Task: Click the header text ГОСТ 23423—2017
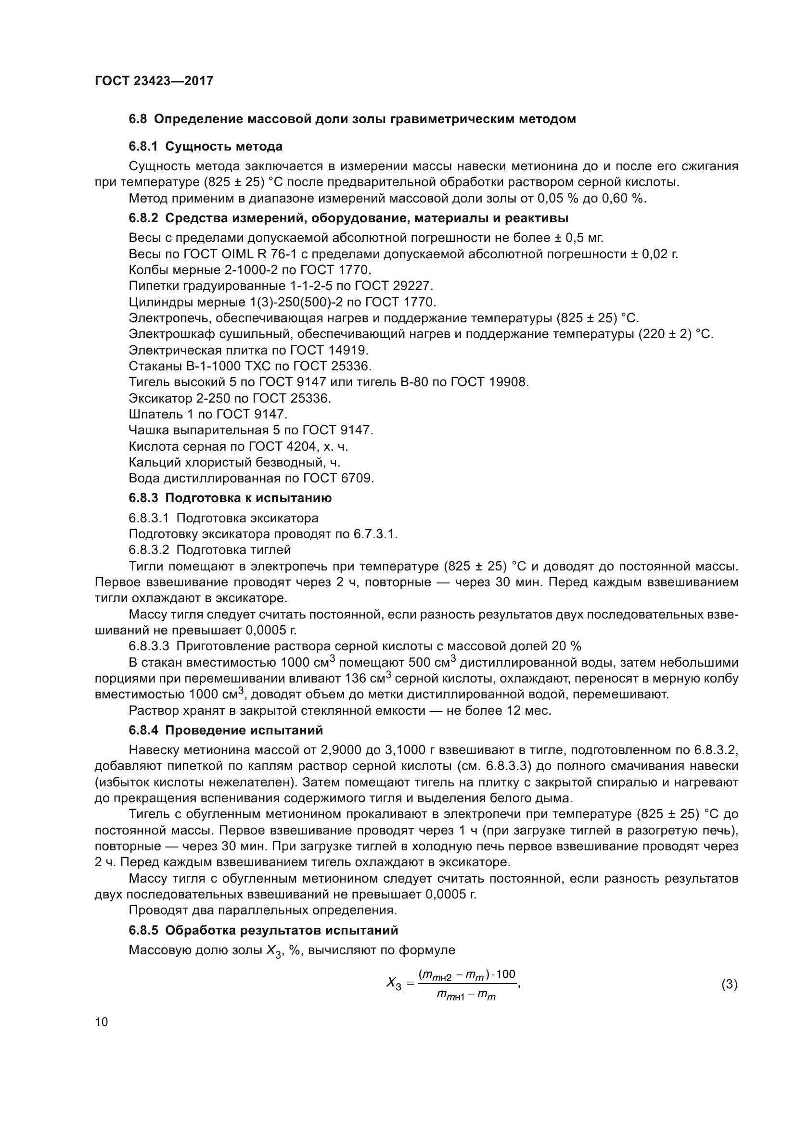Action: pyautogui.click(x=154, y=81)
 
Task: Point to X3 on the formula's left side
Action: pyautogui.click(x=394, y=983)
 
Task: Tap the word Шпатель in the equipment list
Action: pyautogui.click(x=155, y=414)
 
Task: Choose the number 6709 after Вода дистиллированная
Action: pyautogui.click(x=357, y=478)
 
